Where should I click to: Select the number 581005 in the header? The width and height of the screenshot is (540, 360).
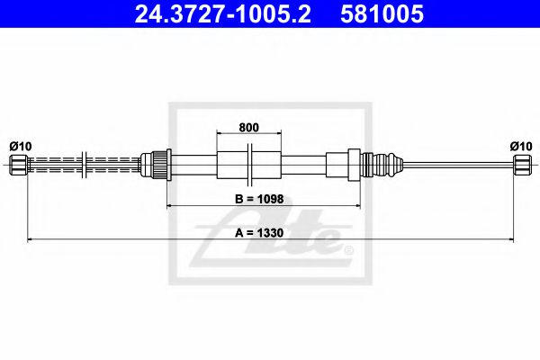(379, 15)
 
